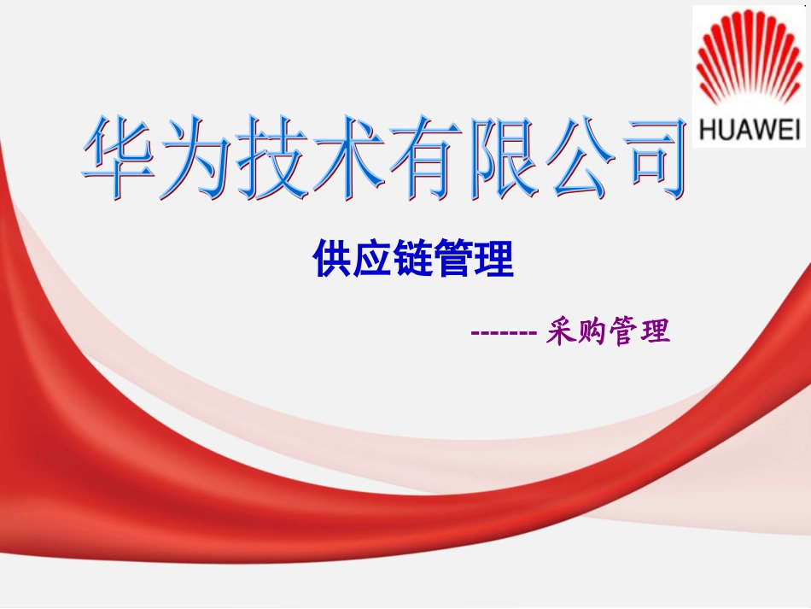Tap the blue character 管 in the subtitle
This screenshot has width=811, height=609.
point(454,259)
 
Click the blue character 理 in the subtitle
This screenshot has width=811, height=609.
point(494,259)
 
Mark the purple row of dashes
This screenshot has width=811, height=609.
point(504,331)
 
